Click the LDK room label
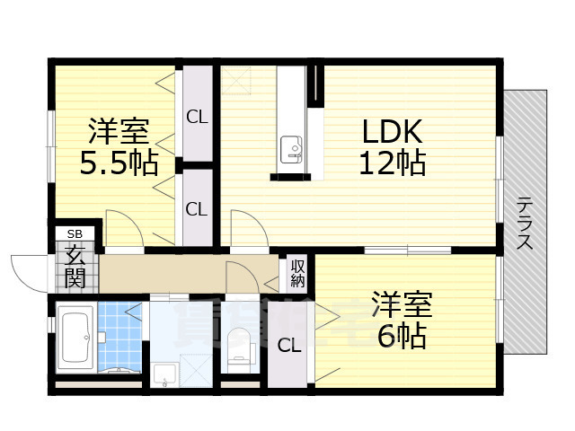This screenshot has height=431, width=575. coord(393,133)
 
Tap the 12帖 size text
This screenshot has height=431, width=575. coord(393,163)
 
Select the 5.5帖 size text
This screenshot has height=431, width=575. coord(119,163)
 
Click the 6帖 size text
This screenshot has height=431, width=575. coord(402,337)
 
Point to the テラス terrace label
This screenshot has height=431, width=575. coord(525,223)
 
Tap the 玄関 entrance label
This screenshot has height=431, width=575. coord(75,265)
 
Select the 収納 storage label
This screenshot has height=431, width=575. coord(297,273)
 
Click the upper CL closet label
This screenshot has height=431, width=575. coord(197,116)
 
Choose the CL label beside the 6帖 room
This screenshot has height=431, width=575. coord(288,346)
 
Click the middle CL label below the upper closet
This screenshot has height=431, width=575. coord(197,209)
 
